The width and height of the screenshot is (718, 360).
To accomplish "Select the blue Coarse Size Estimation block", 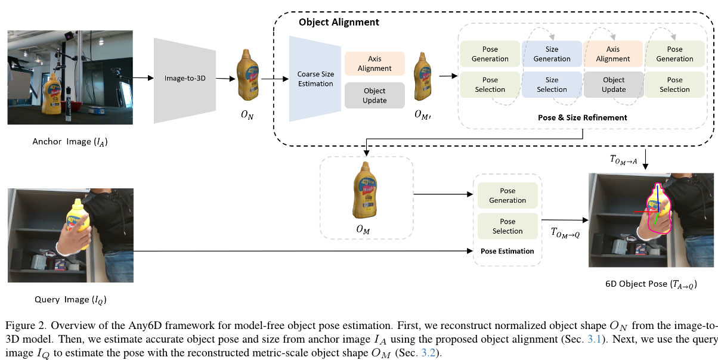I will [315, 79].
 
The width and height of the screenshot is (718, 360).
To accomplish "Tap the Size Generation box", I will [552, 54].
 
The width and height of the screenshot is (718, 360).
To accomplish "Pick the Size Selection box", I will [552, 85].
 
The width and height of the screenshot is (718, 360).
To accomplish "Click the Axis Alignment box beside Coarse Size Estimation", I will [375, 64].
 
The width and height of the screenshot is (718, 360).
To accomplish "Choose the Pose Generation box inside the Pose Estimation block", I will [507, 195].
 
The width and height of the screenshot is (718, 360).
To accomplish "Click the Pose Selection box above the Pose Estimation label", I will [507, 226].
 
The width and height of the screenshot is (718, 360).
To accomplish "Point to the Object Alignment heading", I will [339, 22].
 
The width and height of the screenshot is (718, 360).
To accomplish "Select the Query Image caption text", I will [70, 299].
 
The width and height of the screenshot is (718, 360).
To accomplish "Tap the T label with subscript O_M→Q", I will [565, 232].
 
